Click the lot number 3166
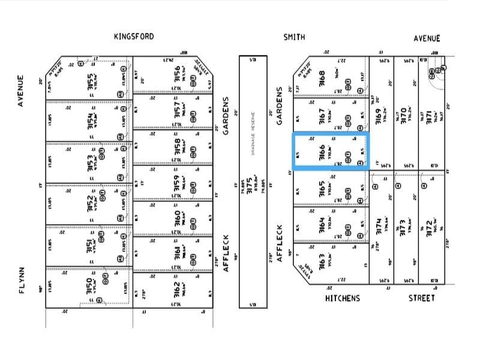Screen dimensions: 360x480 322,151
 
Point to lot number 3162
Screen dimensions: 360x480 177,290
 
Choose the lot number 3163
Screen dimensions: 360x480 322,263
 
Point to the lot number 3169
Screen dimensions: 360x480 378,114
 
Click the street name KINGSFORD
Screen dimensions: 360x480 134,37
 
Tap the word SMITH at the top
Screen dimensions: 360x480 294,37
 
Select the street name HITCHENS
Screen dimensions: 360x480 343,298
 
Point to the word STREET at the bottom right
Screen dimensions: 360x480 422,298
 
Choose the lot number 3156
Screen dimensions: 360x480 177,74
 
